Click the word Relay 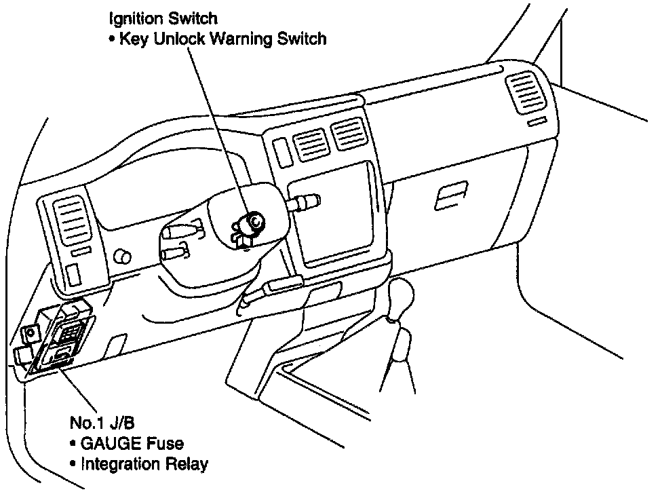(x=189, y=465)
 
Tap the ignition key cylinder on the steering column (x=254, y=221)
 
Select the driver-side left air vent (x=72, y=220)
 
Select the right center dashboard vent (x=348, y=132)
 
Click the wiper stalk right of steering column (x=305, y=202)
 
